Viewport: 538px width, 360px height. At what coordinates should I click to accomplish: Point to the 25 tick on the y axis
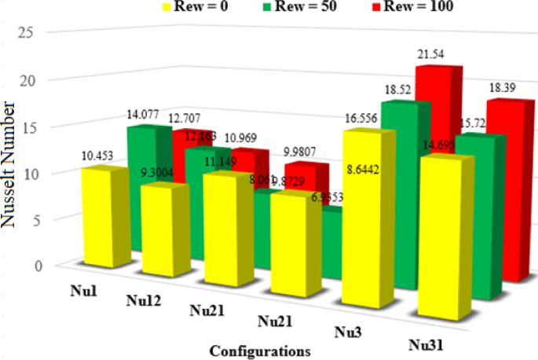point(29,34)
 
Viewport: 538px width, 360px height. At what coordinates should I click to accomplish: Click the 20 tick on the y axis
point(29,81)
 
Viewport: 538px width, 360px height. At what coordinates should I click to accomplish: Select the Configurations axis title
point(259,350)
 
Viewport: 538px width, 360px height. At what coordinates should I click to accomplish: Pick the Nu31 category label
point(429,344)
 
